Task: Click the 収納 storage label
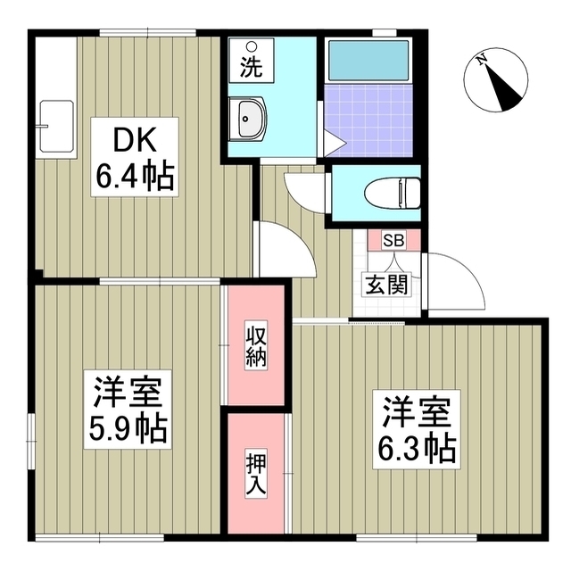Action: click(256, 348)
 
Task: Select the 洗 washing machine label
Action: click(251, 69)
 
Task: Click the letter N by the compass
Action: click(482, 60)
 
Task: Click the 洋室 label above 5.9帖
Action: click(128, 393)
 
